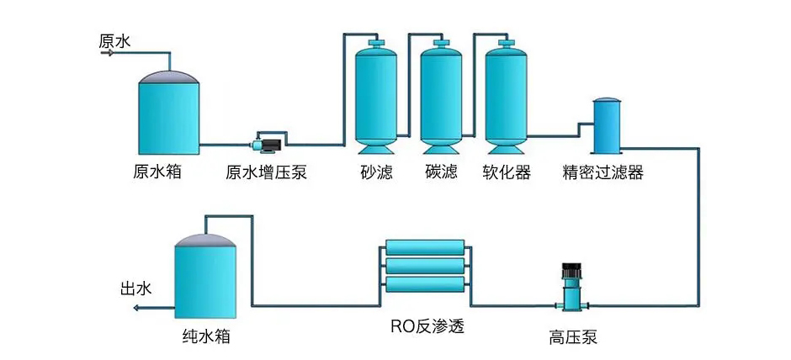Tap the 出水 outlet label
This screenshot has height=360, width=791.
135,289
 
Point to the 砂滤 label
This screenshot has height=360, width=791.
376,172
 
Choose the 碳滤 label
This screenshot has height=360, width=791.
441,172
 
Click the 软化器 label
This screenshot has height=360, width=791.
507,172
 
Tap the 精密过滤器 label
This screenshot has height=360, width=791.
603,172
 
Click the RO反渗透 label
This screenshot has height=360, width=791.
427,326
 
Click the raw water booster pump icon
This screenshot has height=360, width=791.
268,144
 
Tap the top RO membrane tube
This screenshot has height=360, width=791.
426,246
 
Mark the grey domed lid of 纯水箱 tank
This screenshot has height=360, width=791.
206,241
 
